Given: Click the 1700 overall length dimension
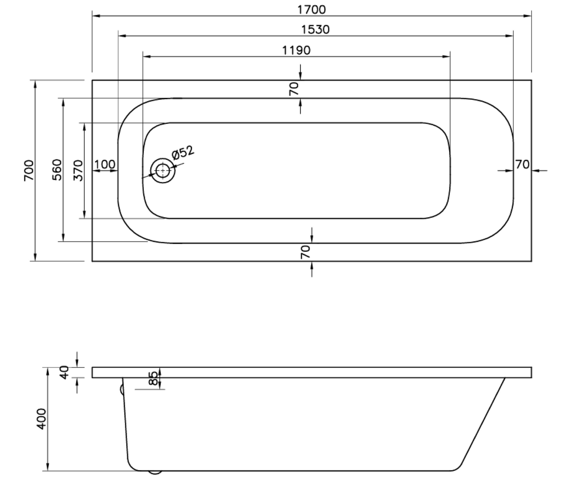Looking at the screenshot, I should click(x=311, y=9).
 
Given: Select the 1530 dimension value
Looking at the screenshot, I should click(x=315, y=30).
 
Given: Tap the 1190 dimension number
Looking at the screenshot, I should click(x=296, y=50).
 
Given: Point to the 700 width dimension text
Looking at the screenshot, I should click(x=29, y=170).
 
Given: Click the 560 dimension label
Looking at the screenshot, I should click(x=58, y=170).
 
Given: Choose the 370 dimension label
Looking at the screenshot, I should click(x=79, y=170).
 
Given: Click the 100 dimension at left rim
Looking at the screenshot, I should click(x=105, y=164).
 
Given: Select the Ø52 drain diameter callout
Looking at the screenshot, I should click(x=182, y=153).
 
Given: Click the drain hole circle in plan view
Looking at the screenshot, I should click(x=163, y=171).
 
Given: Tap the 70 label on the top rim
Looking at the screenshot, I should click(x=294, y=88).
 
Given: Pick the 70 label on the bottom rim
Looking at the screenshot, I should click(x=305, y=252).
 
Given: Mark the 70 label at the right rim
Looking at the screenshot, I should click(x=522, y=164).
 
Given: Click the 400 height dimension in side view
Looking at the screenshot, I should click(x=41, y=419).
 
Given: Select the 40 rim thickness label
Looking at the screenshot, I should click(x=64, y=372).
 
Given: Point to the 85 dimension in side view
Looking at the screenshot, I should click(x=153, y=378).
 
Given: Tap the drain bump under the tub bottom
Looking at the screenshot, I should click(x=155, y=473).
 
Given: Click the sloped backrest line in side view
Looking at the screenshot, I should click(x=483, y=424).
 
